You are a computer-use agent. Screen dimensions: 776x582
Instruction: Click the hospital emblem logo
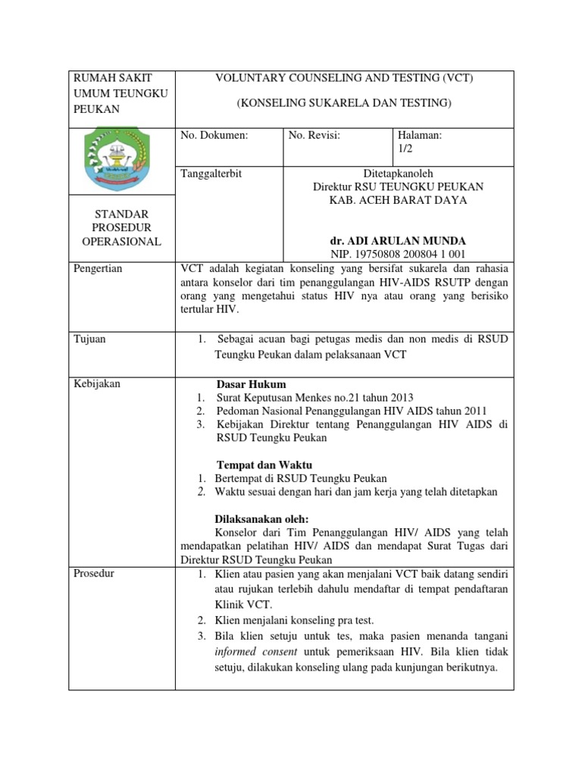[120, 160]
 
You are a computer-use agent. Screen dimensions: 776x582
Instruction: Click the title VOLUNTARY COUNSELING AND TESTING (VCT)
[345, 78]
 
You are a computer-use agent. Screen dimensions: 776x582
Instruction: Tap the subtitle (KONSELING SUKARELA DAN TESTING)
[344, 102]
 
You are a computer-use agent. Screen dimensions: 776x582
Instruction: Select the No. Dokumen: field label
[214, 136]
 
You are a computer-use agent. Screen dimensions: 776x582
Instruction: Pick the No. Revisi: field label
[314, 136]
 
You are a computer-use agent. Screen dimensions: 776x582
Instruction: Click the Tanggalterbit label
[211, 174]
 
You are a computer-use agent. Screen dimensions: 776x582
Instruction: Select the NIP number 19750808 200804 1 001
[398, 254]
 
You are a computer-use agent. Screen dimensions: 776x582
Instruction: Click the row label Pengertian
[99, 269]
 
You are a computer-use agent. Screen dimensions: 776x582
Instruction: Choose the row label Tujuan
[90, 339]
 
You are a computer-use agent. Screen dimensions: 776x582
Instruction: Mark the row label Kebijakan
[97, 383]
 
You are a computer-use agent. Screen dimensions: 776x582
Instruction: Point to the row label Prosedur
[94, 573]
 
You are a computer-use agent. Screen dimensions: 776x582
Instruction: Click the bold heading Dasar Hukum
[252, 383]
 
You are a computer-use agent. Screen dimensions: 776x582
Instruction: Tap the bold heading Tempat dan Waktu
[264, 465]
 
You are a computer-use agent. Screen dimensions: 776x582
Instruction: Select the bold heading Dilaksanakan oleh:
[263, 519]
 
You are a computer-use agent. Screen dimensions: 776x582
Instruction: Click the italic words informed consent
[257, 651]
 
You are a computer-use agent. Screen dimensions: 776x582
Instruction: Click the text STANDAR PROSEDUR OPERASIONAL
[121, 228]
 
